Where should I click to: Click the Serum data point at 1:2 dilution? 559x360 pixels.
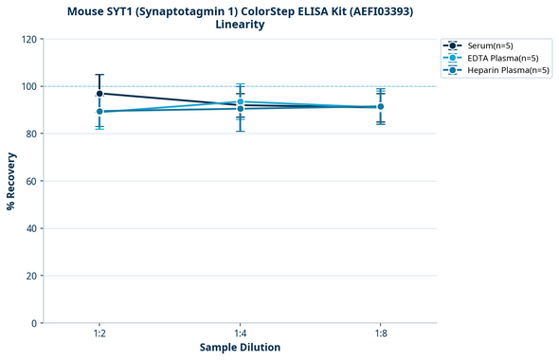tap(99, 94)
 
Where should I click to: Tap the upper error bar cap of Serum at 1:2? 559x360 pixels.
tap(99, 75)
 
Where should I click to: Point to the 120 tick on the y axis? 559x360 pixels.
tap(27, 40)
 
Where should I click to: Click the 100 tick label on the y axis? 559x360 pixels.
tap(27, 87)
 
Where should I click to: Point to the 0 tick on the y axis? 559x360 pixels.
tap(33, 324)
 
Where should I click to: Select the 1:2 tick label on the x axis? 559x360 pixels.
tap(99, 334)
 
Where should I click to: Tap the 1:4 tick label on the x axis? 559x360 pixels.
tap(240, 334)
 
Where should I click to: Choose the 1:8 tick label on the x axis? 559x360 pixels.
tap(380, 334)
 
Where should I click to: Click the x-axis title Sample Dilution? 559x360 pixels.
tap(240, 348)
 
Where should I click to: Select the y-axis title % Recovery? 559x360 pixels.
tap(11, 182)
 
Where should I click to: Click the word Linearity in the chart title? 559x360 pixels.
tap(240, 25)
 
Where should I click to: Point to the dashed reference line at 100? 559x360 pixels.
tap(313, 86)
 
